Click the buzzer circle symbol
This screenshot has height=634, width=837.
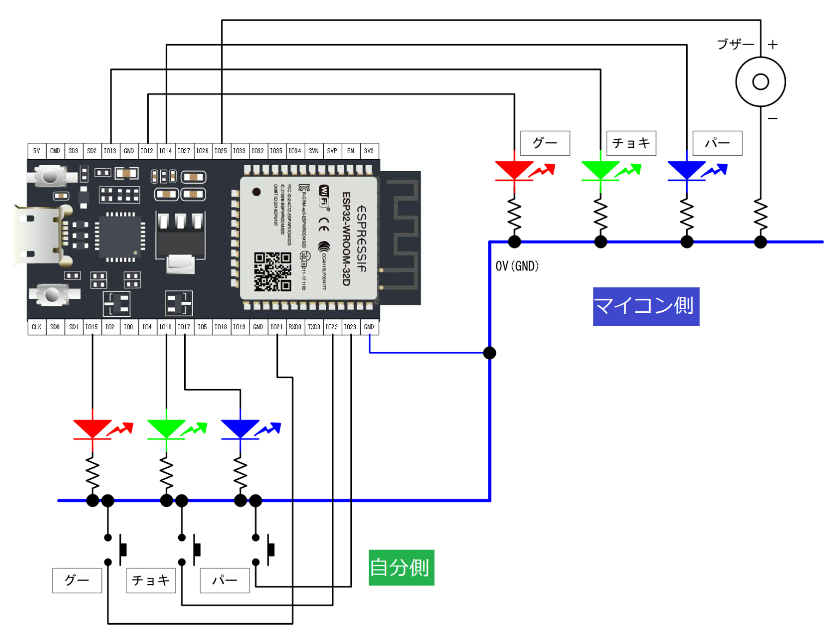760,82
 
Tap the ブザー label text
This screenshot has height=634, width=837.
735,44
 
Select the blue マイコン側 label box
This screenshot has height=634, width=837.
646,306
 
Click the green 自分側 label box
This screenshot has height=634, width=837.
401,567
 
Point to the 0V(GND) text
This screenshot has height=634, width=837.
517,266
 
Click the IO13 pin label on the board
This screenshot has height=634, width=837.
110,151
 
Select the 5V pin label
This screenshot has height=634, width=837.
37,151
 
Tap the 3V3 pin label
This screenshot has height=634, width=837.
369,151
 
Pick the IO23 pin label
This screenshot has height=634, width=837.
350,327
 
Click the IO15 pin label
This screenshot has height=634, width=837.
92,327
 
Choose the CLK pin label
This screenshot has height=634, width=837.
37,327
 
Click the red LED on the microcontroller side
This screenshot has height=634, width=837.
514,170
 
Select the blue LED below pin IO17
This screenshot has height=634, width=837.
240,429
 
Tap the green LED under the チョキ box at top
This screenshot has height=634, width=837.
600,170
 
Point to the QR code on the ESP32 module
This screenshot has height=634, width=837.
272,271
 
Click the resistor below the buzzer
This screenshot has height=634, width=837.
760,215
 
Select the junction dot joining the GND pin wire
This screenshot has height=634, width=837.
489,353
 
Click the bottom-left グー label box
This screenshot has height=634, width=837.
77,581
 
